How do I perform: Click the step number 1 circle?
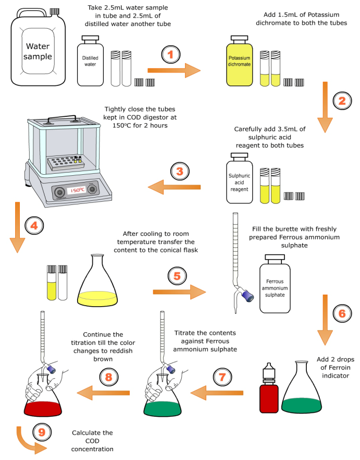point(171,54)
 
